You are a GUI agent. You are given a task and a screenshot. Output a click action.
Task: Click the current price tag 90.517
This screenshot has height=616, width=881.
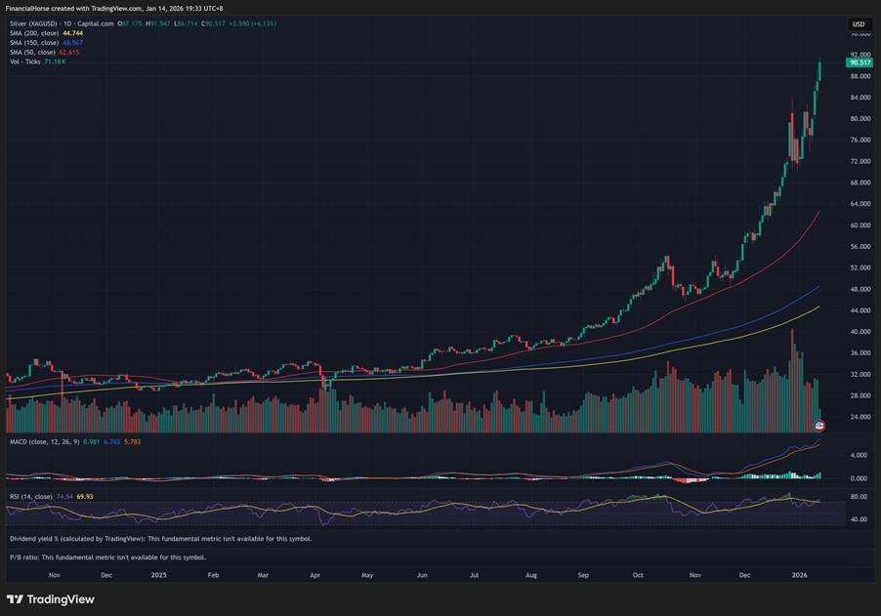(860, 62)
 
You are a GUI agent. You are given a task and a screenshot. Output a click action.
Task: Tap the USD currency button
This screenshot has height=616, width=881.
(859, 23)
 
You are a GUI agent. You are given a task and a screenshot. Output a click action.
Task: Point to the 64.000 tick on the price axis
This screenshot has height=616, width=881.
(860, 204)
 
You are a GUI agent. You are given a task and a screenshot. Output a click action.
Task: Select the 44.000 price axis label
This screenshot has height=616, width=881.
(860, 310)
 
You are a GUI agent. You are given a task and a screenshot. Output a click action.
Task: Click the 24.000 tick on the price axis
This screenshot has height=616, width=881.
(860, 417)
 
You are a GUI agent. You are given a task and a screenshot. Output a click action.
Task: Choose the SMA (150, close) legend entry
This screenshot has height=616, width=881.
(47, 42)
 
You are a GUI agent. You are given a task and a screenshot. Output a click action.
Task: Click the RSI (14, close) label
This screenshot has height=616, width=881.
(34, 497)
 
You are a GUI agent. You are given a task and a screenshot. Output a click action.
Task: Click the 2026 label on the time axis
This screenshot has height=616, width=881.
(800, 576)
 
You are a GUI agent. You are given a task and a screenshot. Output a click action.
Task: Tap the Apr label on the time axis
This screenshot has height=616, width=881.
(316, 576)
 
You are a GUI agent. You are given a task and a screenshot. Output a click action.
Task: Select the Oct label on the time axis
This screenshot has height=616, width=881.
(639, 576)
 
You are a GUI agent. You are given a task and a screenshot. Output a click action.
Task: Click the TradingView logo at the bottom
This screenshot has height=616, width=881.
(51, 598)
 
